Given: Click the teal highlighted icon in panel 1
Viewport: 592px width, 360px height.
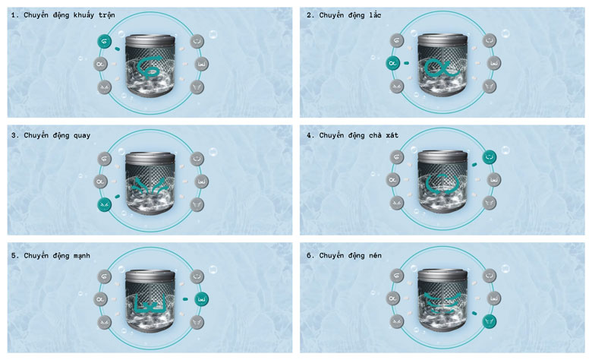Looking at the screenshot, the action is click(x=105, y=41).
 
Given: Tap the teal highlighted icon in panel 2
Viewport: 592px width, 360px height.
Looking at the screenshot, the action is click(x=392, y=63).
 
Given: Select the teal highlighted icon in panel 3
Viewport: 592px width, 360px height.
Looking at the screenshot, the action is click(x=105, y=205).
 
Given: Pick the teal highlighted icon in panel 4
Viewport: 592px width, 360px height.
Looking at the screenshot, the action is click(x=490, y=156).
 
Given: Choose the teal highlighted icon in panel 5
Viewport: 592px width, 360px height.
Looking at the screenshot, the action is click(x=201, y=298).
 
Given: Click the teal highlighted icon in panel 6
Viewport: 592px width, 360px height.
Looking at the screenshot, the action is click(x=490, y=321).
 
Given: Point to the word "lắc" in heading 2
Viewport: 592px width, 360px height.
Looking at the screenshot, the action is click(x=375, y=14).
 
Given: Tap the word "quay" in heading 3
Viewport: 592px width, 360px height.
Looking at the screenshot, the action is click(x=82, y=136).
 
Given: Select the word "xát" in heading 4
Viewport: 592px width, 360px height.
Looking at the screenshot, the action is click(x=392, y=135).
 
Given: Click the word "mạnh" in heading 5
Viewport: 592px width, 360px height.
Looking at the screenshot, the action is click(x=81, y=256).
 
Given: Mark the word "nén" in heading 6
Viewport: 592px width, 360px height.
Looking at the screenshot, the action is click(x=375, y=255).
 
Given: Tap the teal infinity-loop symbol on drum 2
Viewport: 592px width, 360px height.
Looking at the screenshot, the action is click(x=442, y=68).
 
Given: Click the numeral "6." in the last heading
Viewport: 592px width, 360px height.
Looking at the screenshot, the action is click(x=310, y=255).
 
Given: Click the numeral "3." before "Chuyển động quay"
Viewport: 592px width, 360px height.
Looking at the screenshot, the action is click(x=14, y=135).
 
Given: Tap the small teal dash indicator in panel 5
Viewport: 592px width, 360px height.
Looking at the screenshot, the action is click(x=185, y=298).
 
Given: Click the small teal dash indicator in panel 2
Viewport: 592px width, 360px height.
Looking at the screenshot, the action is click(x=406, y=63).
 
